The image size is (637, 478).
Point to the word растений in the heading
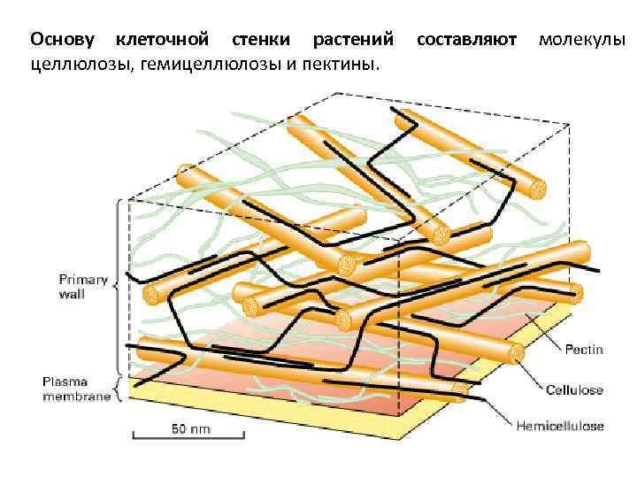pos(353,40)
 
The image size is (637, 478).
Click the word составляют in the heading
pos(465,40)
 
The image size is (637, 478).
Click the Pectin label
pos(584,350)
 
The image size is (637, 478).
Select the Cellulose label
pos(574,389)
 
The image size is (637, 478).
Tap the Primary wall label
pos(84,287)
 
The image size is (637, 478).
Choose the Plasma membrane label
pos(76,389)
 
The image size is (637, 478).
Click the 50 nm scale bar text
pos(190,430)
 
